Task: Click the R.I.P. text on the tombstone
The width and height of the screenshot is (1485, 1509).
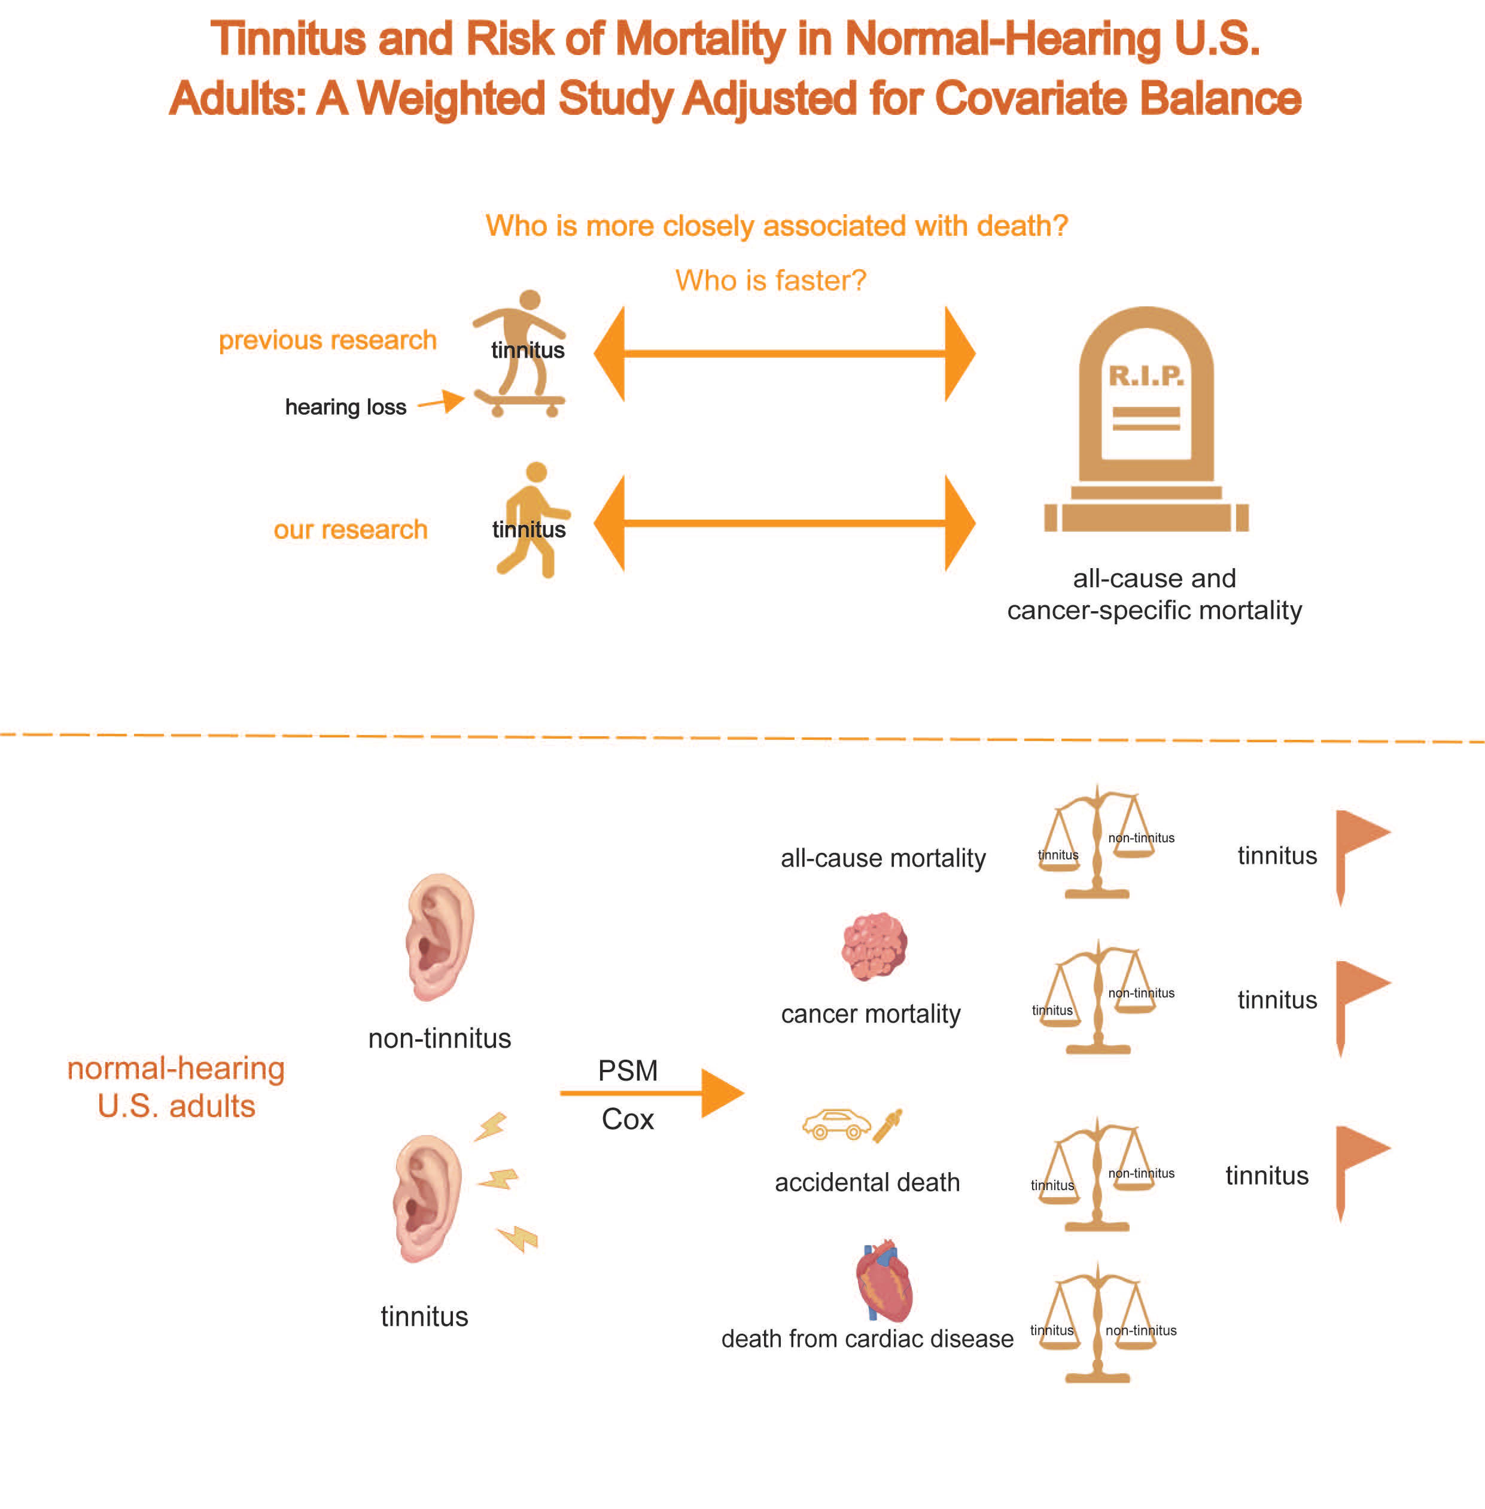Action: pos(1146,376)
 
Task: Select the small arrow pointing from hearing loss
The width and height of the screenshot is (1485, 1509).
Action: pos(442,401)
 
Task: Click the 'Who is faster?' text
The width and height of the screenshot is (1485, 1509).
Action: pos(771,280)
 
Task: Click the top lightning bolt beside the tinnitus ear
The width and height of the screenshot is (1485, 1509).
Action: pos(491,1126)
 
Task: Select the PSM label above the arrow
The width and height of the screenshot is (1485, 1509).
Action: pos(628,1070)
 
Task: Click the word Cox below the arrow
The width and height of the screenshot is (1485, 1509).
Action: pos(628,1119)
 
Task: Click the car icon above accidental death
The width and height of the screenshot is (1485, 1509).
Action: pos(836,1124)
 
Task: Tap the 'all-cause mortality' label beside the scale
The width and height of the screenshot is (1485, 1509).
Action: pos(883,858)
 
